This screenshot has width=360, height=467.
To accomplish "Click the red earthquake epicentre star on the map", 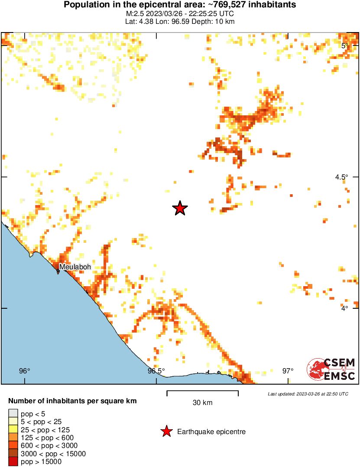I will click(180, 209).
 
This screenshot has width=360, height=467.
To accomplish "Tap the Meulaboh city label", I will click(75, 267).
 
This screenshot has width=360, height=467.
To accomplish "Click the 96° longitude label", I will click(25, 371).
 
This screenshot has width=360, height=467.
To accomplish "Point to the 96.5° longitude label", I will click(156, 371).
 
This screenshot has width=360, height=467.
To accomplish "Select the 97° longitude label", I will click(288, 371).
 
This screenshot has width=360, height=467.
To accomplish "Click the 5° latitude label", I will click(345, 46).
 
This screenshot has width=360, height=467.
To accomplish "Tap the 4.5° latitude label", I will click(341, 177).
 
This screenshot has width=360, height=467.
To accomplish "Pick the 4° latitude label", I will click(344, 308).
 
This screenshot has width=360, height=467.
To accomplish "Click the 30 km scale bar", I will click(202, 393).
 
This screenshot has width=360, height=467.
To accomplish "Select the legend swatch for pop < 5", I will click(13, 414).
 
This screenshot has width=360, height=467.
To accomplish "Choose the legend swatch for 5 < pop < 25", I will click(13, 421).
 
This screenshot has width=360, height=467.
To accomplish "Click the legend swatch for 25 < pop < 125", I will click(13, 430).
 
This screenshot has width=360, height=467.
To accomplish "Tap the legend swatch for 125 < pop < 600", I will click(13, 438).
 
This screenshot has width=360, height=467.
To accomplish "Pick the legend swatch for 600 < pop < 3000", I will click(13, 446).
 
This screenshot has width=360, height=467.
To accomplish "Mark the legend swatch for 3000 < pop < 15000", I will click(13, 454).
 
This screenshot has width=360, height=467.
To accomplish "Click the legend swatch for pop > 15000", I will click(13, 462).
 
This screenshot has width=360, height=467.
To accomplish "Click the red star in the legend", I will click(166, 431).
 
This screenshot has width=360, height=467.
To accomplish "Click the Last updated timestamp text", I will click(308, 394).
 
